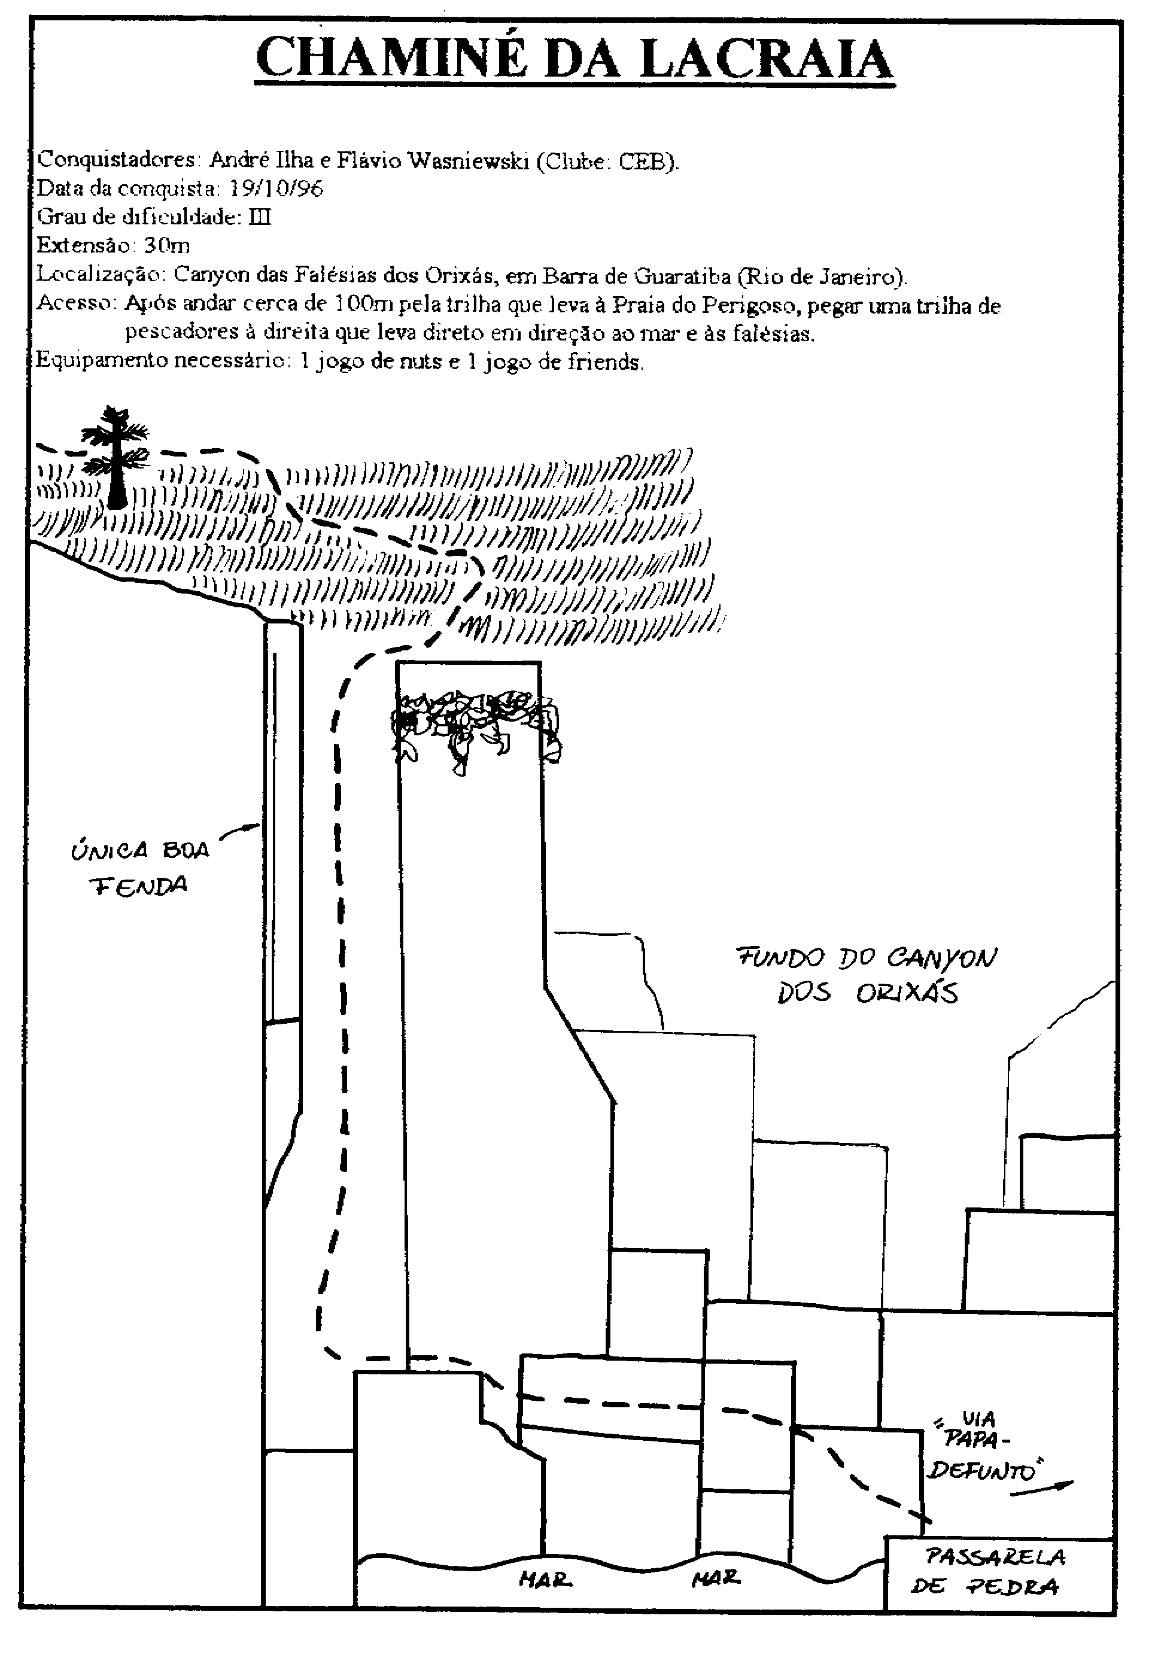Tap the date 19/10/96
coord(276,189)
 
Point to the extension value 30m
coord(167,246)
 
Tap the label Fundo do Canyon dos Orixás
coord(866,975)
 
